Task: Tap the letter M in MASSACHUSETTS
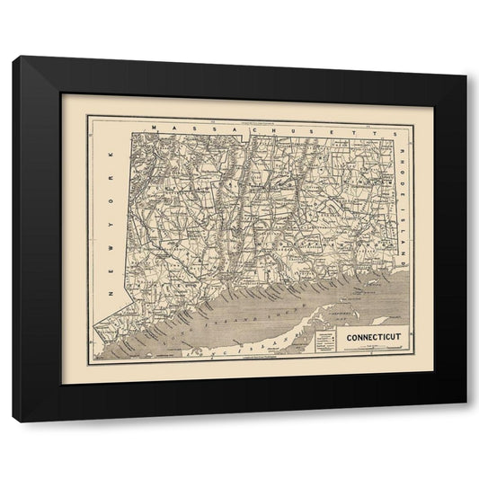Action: [155, 129]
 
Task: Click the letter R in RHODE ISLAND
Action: [402, 144]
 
